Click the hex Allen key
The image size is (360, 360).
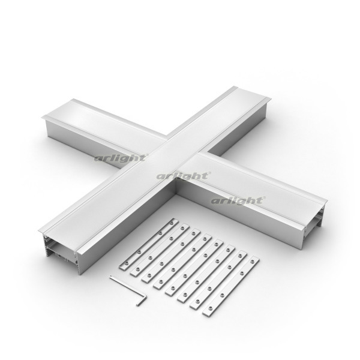pos(128,290)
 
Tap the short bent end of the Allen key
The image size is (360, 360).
pos(142,301)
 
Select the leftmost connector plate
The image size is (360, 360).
pos(149,244)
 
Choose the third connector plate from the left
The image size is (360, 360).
pos(171,256)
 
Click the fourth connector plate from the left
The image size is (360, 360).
pos(182,262)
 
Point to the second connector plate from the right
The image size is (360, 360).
pos(218,280)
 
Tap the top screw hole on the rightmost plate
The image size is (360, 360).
pos(253,261)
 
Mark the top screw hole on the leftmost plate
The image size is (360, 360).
pos(172,223)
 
